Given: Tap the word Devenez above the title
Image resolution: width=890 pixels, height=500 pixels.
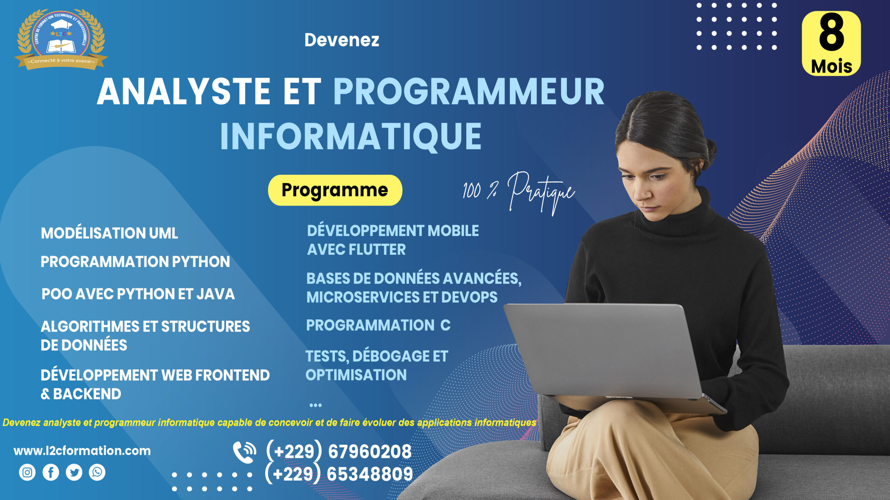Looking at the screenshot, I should tap(342, 40).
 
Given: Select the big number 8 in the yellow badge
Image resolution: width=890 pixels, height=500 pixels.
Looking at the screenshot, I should tap(831, 33).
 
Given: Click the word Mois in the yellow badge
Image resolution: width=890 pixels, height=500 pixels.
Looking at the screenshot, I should tap(831, 66).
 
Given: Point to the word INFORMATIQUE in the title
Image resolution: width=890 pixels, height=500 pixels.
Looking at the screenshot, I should tap(351, 136).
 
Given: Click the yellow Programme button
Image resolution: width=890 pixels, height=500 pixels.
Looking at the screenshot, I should tap(335, 190).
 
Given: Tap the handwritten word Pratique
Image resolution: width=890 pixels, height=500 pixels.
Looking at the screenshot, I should tap(541, 191).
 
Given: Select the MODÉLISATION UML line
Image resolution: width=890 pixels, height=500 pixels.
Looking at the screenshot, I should tap(109, 233).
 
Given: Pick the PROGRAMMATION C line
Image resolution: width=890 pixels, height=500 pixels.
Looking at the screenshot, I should tap(378, 325).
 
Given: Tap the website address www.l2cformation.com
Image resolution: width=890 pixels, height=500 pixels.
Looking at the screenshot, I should tap(82, 451).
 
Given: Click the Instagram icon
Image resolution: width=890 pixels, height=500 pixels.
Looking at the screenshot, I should tap(27, 472).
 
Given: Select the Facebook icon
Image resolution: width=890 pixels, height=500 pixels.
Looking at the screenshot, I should tap(51, 472).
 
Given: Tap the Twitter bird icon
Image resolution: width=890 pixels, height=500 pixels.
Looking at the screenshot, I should tap(74, 472).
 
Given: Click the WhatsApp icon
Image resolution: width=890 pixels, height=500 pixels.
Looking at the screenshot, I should tap(97, 472).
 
